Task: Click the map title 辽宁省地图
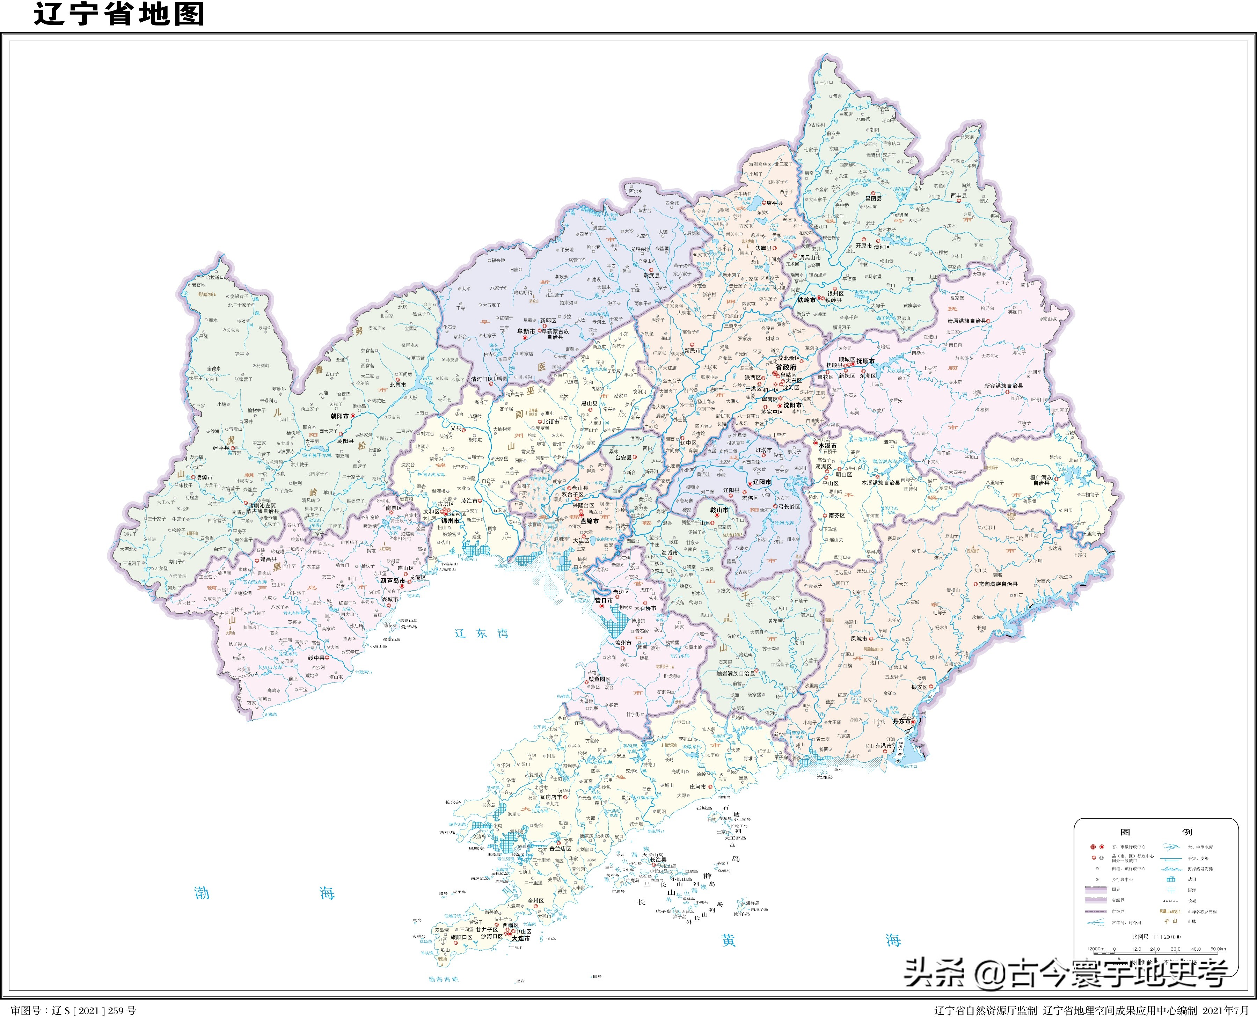[119, 14]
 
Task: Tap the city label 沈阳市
[792, 405]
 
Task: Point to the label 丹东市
[901, 721]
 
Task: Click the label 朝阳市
[340, 416]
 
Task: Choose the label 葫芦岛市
[393, 580]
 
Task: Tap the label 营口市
[603, 600]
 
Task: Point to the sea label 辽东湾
[481, 633]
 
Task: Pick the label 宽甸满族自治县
[998, 584]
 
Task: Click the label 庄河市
[697, 787]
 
